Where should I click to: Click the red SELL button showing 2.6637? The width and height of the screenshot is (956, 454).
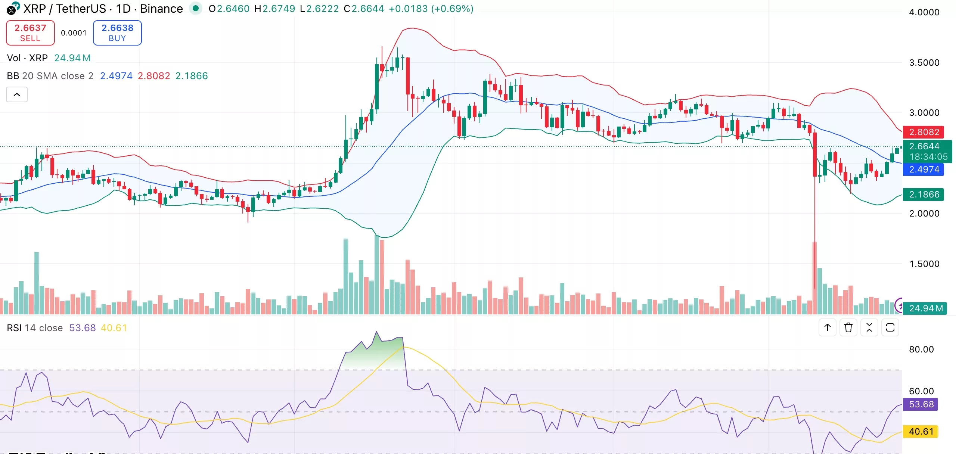click(30, 33)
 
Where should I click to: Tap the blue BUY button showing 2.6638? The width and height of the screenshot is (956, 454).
click(117, 33)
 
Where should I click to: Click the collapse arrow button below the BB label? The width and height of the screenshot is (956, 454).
click(17, 94)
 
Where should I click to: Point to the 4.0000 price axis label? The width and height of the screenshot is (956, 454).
click(924, 12)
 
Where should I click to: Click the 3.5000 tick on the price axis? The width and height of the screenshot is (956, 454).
click(924, 63)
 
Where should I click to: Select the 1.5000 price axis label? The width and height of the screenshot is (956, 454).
click(924, 264)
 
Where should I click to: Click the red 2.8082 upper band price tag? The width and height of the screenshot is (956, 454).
click(924, 132)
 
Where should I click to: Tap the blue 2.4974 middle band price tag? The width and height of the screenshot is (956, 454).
click(924, 170)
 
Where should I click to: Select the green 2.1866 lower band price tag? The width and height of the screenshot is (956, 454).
click(924, 195)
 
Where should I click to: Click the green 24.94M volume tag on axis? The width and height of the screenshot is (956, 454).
click(925, 308)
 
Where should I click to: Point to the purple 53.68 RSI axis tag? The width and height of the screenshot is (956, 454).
click(921, 404)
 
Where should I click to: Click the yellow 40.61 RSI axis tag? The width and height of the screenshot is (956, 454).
click(921, 432)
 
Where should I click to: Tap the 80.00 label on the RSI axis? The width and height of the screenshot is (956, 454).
click(921, 349)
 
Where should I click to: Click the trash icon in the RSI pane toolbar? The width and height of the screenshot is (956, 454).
click(848, 328)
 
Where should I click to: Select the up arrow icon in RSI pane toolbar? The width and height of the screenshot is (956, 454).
click(828, 328)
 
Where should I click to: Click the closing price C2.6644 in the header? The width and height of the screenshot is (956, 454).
click(364, 9)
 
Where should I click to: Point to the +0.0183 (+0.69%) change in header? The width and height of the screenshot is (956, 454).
click(431, 9)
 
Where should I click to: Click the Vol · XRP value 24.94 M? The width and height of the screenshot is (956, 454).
click(72, 58)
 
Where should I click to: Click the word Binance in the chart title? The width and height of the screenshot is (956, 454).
click(161, 9)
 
